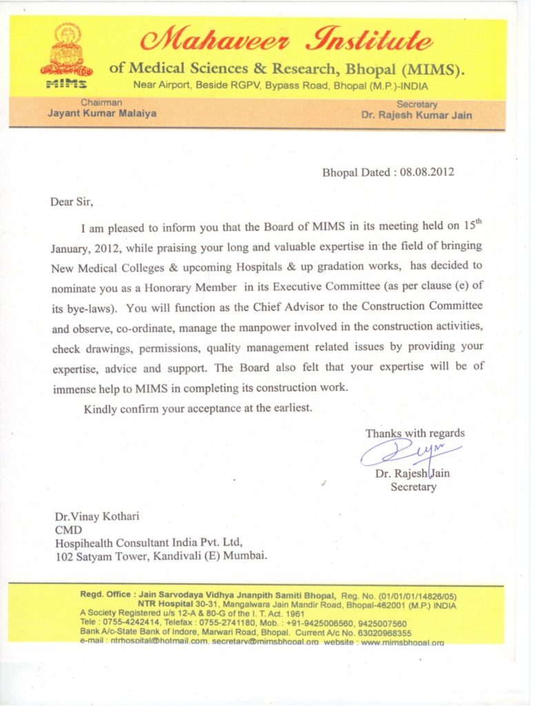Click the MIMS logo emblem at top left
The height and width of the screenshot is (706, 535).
coord(66,56)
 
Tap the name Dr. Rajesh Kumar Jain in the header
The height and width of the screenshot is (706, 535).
coord(416,115)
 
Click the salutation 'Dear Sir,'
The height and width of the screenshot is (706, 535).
coord(71,203)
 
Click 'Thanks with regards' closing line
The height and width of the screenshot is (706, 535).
coord(414,434)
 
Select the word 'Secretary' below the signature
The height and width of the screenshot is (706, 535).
coord(413,487)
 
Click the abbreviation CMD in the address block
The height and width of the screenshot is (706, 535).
coord(68,529)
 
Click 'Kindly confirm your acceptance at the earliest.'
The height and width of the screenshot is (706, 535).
coord(198,408)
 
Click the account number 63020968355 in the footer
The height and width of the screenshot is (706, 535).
coord(383,632)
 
